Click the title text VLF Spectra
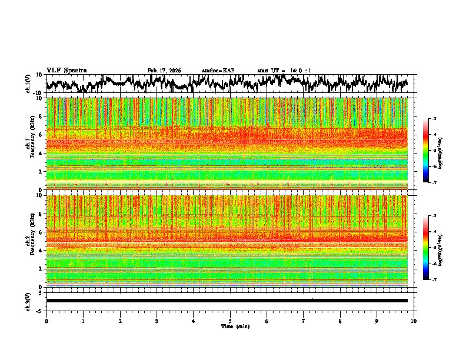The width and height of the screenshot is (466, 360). tap(66, 71)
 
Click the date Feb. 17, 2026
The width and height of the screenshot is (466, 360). tap(164, 71)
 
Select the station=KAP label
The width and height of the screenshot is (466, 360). tap(218, 71)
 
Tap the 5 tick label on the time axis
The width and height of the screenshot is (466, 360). tap(230, 321)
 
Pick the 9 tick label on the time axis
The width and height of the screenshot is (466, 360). tap(377, 321)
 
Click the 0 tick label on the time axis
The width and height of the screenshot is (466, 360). tap(46, 321)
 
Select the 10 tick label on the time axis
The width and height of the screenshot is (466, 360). tap(414, 321)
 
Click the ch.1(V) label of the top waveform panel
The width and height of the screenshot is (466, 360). tap(28, 84)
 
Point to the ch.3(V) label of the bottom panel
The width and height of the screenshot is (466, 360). tap(28, 301)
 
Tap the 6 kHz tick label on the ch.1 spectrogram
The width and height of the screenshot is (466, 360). tap(40, 135)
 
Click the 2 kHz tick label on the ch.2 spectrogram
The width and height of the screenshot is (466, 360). tap(40, 269)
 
